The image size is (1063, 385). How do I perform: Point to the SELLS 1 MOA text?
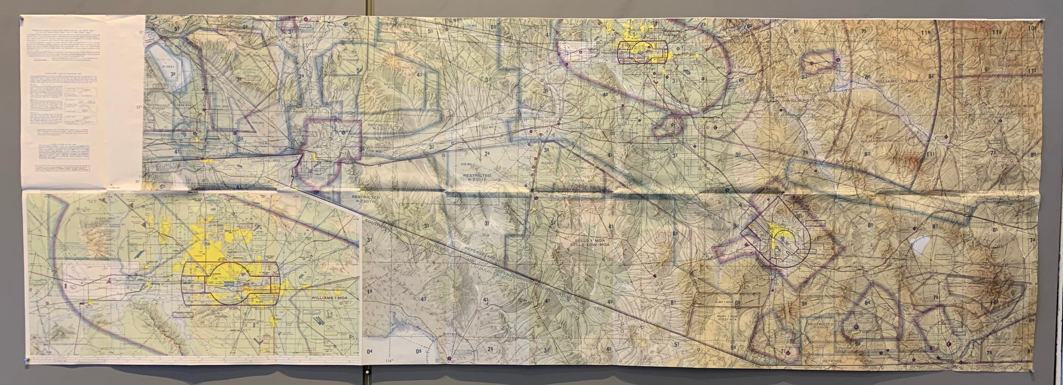(588, 240)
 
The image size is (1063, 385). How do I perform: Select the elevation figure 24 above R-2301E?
(487, 155)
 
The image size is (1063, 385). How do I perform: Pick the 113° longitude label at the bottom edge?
(515, 361)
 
